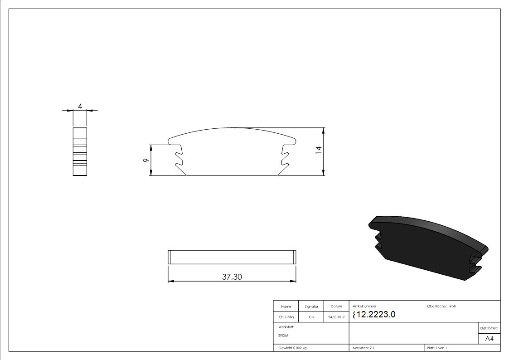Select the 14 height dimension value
318,151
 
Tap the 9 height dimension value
145,161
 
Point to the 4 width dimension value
80,106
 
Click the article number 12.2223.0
374,315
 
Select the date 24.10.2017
336,317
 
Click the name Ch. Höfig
286,317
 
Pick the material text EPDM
283,336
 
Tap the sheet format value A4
489,339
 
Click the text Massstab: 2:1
363,348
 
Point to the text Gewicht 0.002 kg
292,348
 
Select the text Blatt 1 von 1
437,348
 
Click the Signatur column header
311,306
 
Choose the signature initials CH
311,317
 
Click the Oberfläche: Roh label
441,306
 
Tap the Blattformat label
489,328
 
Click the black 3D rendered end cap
426,245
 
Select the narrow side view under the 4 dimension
80,151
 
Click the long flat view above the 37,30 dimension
232,257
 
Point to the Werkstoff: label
286,326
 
